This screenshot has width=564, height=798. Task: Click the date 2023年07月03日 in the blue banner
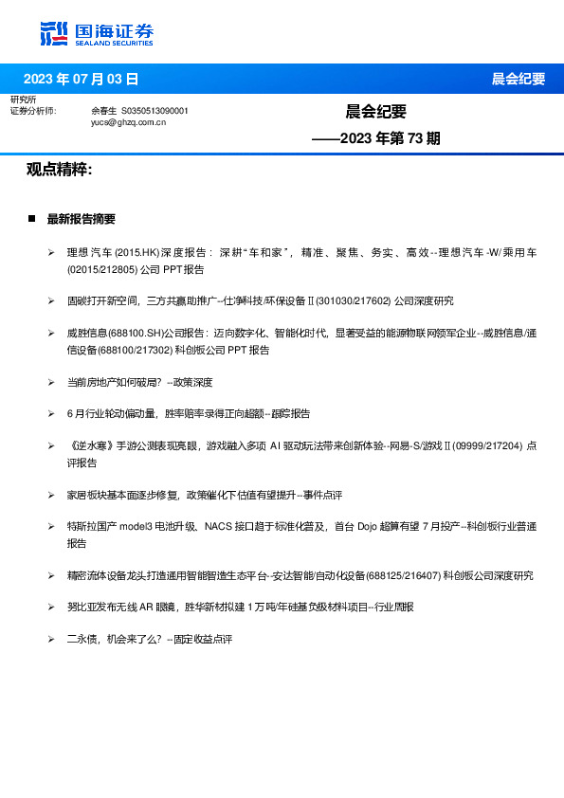pyautogui.click(x=80, y=79)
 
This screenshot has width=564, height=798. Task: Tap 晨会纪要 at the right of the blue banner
pyautogui.click(x=519, y=79)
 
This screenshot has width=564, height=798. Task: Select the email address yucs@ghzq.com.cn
pyautogui.click(x=129, y=122)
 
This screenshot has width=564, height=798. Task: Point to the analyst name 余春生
pyautogui.click(x=104, y=111)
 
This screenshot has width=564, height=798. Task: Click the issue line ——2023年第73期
pyautogui.click(x=376, y=138)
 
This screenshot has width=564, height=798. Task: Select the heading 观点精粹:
pyautogui.click(x=59, y=170)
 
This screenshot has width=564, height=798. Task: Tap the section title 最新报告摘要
pyautogui.click(x=82, y=219)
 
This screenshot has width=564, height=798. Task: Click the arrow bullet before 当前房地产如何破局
pyautogui.click(x=51, y=382)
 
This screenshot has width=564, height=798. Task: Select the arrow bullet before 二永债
pyautogui.click(x=51, y=640)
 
